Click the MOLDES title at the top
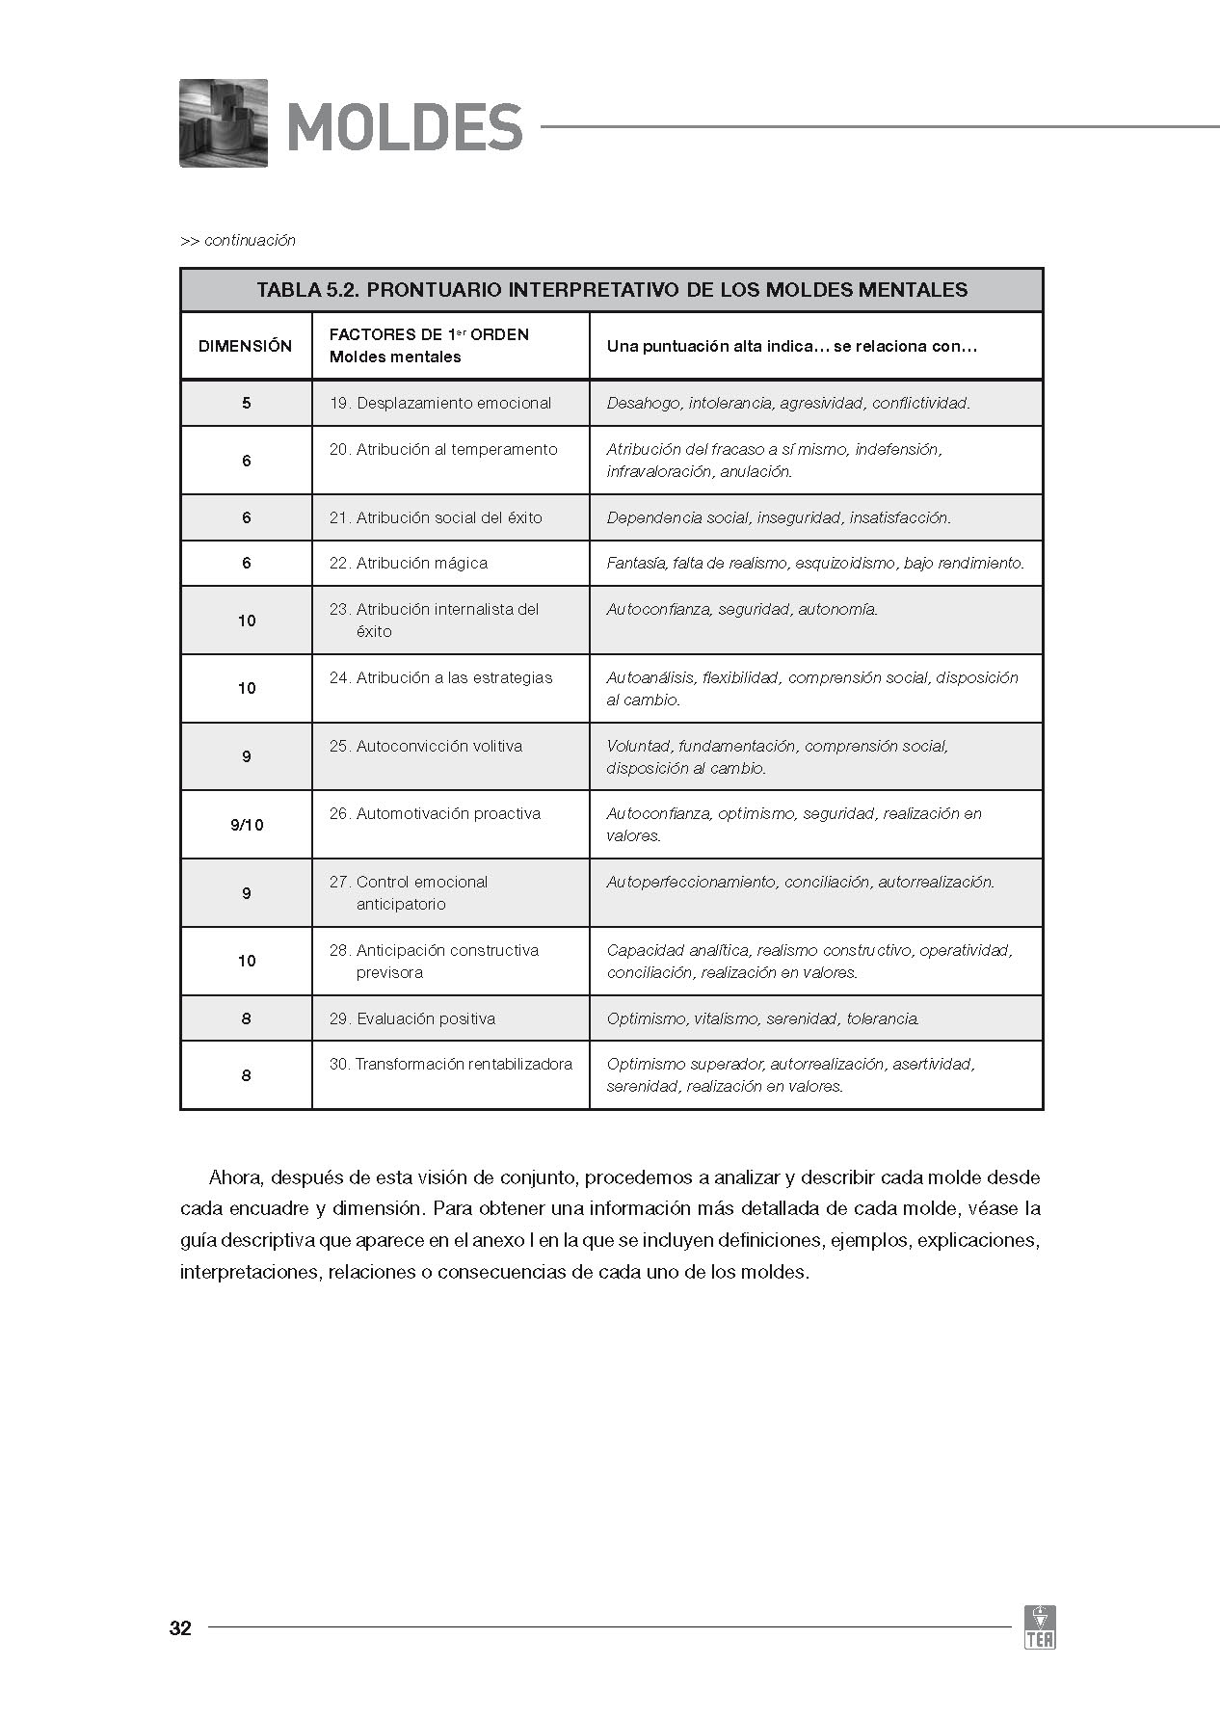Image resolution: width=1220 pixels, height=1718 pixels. (x=405, y=127)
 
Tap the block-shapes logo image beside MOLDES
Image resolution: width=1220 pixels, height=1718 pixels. (x=224, y=123)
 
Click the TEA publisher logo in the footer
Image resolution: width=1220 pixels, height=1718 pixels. (x=1040, y=1627)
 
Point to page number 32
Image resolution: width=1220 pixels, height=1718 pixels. (x=180, y=1628)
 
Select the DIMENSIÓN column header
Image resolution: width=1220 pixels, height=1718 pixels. (x=245, y=346)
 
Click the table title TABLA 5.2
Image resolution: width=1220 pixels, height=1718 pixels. (x=612, y=290)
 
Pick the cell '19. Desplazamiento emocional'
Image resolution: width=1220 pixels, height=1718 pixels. (x=440, y=403)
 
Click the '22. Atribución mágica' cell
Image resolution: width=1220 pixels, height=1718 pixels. (x=409, y=563)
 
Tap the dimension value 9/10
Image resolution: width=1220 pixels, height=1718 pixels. (x=247, y=825)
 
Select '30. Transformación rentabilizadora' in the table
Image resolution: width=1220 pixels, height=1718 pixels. (x=450, y=1064)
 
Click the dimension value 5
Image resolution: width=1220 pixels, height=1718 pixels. (x=247, y=403)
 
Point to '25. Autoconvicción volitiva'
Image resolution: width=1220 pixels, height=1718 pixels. (x=426, y=746)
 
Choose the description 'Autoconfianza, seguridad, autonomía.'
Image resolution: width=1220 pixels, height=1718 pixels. (x=742, y=609)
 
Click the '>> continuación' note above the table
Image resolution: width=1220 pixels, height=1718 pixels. (x=238, y=241)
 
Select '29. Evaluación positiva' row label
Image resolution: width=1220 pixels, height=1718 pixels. (x=412, y=1018)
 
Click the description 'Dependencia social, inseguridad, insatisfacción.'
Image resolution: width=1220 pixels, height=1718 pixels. (x=779, y=517)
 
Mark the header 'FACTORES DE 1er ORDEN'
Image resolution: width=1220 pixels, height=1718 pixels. (x=429, y=334)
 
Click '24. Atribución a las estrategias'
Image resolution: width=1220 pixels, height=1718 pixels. (x=441, y=677)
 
